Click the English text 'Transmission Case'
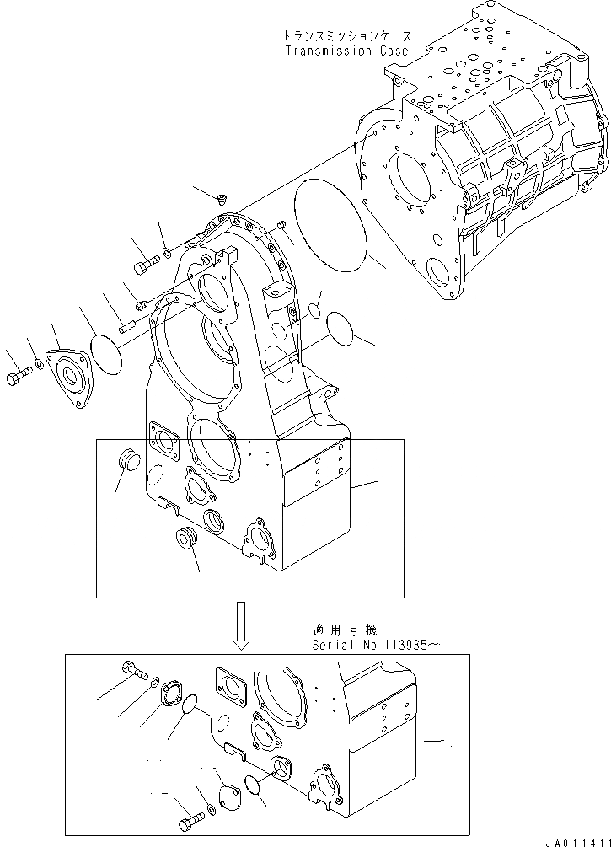pyautogui.click(x=346, y=51)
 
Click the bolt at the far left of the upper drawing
pyautogui.click(x=19, y=380)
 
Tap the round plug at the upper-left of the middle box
pyautogui.click(x=129, y=462)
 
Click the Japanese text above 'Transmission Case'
pyautogui.click(x=346, y=37)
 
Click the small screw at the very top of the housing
pyautogui.click(x=221, y=200)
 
